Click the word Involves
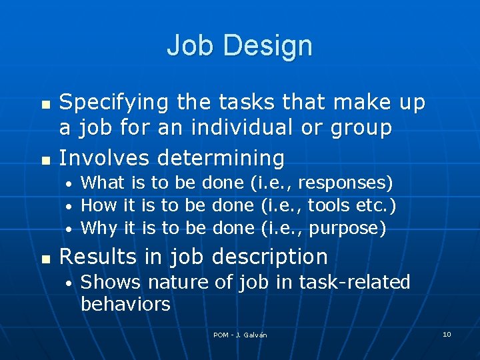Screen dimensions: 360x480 coord(107,158)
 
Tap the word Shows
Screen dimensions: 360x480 coord(111,283)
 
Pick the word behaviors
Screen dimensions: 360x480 coord(125,305)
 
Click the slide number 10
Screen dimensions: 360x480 coord(447,334)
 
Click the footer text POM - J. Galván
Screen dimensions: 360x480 coord(240,335)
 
